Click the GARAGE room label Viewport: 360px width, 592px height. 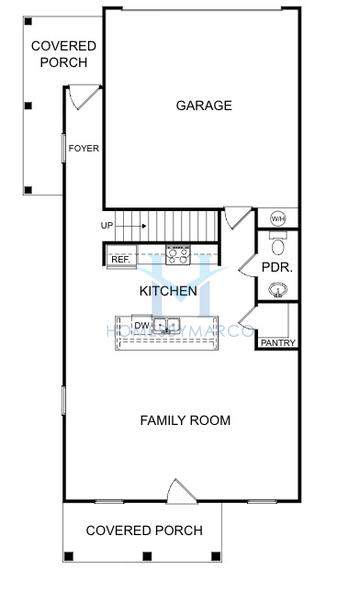coord(204,105)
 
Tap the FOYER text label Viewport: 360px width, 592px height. coord(83,149)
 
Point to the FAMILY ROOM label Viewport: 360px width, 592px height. coord(184,420)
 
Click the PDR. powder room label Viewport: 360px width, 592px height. coord(276,269)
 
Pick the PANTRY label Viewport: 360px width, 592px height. coord(277,343)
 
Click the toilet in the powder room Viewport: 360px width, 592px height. coord(278,244)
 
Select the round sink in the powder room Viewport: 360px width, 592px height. coord(278,291)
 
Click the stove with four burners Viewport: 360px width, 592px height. coord(178,254)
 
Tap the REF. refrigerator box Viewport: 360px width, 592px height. coord(120,259)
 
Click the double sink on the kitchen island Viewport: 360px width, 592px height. coord(166,325)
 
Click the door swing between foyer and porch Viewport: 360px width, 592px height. coord(86,98)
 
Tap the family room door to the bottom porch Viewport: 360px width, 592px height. coord(180,491)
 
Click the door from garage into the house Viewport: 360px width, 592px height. coord(236,217)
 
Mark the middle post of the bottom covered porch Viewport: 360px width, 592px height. coord(145,556)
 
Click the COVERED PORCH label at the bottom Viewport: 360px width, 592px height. coord(144,530)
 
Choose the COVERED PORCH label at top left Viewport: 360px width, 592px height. coord(64,54)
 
